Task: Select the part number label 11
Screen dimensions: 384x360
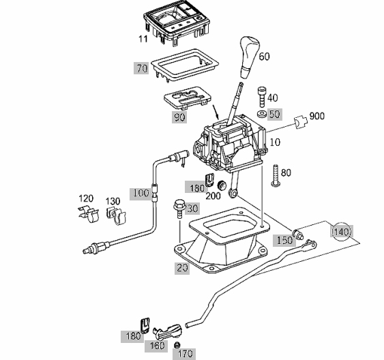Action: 143,39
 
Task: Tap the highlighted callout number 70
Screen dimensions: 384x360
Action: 142,68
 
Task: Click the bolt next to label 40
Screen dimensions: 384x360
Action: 261,97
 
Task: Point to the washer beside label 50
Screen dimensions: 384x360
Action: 261,114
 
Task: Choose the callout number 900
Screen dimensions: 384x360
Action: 317,116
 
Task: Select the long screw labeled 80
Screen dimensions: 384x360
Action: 276,176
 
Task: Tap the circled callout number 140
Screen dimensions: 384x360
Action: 342,232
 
